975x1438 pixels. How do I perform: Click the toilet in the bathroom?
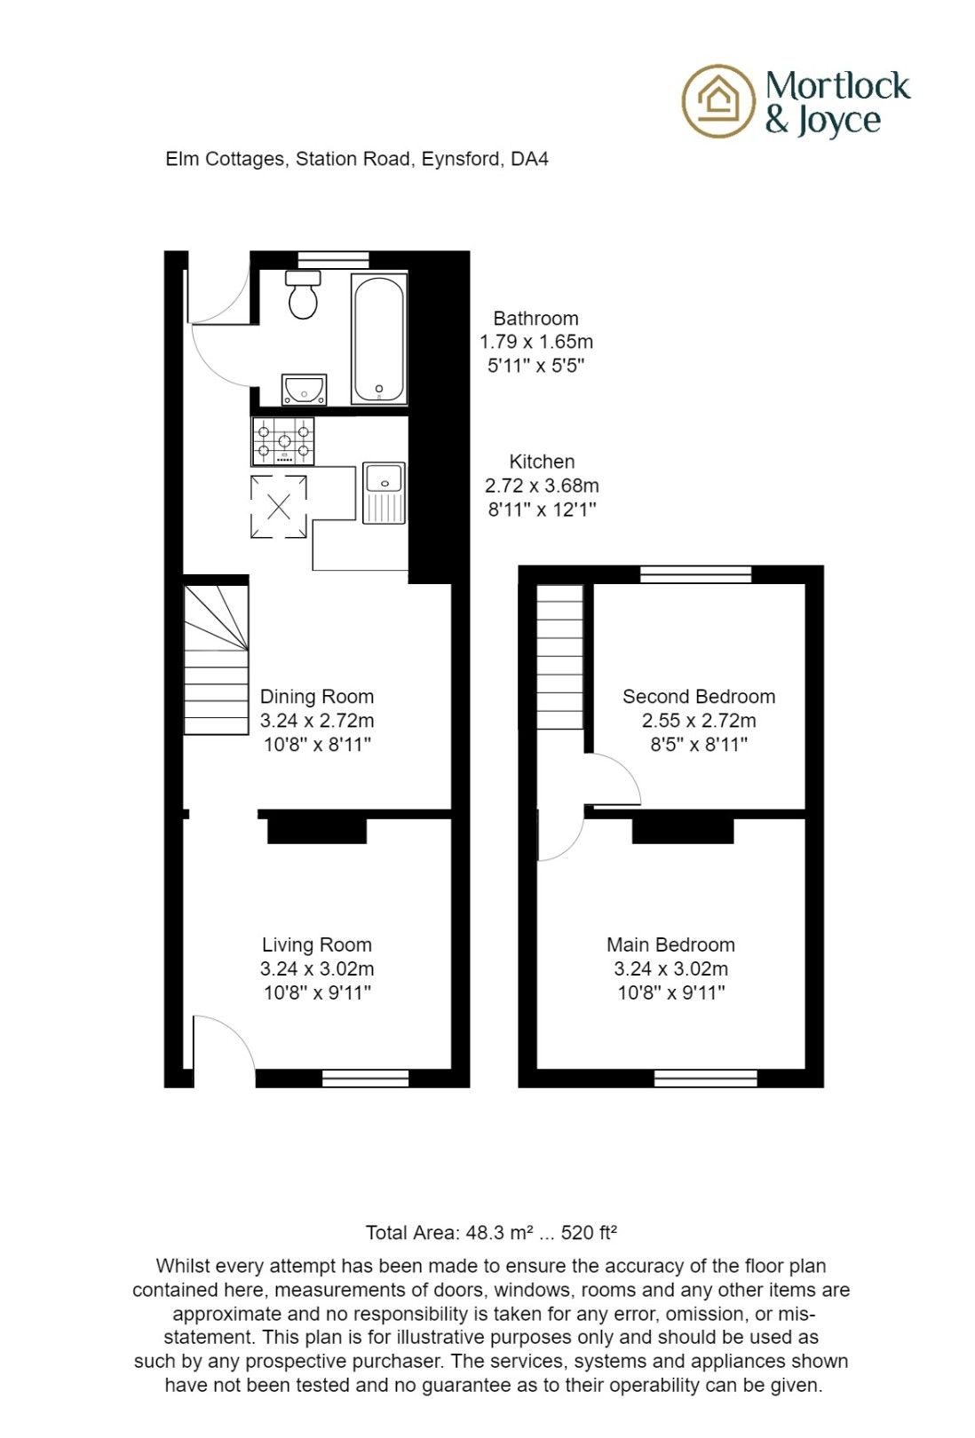(x=303, y=295)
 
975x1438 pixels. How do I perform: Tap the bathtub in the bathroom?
(x=379, y=338)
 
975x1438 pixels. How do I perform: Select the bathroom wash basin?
(x=304, y=389)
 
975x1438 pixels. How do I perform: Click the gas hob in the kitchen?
(x=284, y=440)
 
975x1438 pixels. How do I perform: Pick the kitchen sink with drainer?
(x=384, y=493)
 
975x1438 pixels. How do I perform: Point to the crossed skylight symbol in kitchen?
(x=279, y=507)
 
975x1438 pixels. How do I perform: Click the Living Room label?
(x=317, y=945)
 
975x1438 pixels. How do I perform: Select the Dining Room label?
(x=317, y=697)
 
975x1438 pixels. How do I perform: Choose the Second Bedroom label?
(x=699, y=697)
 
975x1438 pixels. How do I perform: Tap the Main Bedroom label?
(x=671, y=945)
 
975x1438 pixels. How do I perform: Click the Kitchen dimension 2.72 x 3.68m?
(x=542, y=486)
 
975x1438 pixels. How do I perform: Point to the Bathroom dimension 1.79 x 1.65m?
(x=536, y=342)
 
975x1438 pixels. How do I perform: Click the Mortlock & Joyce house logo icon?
(x=717, y=100)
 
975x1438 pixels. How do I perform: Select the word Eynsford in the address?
(x=460, y=159)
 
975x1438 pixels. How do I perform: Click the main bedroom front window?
(x=706, y=1078)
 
